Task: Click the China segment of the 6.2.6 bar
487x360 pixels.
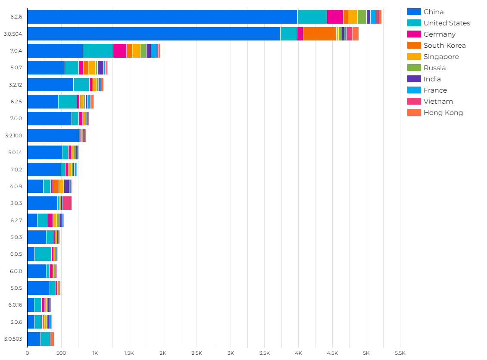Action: (x=162, y=17)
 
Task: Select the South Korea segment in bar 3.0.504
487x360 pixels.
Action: (x=319, y=34)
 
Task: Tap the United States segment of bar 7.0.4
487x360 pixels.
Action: (x=98, y=50)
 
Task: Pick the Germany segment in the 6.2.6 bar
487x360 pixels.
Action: (x=335, y=17)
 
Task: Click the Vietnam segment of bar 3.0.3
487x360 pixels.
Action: (x=67, y=203)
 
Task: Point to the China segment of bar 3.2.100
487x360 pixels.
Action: (x=53, y=135)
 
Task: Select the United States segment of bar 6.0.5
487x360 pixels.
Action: (x=43, y=254)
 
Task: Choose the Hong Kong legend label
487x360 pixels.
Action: (x=443, y=113)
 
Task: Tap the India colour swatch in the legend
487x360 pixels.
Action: (x=414, y=79)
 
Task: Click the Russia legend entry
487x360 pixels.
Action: (x=434, y=68)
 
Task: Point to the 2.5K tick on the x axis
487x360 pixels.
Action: (x=197, y=353)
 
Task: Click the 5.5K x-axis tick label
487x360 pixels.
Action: (x=400, y=353)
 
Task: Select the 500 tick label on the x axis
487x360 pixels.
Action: (x=61, y=353)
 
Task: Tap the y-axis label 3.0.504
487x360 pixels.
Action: (x=13, y=34)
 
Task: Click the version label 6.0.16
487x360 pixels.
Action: (x=15, y=305)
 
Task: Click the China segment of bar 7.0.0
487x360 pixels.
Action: (x=49, y=118)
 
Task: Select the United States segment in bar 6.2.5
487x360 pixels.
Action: (x=67, y=102)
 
